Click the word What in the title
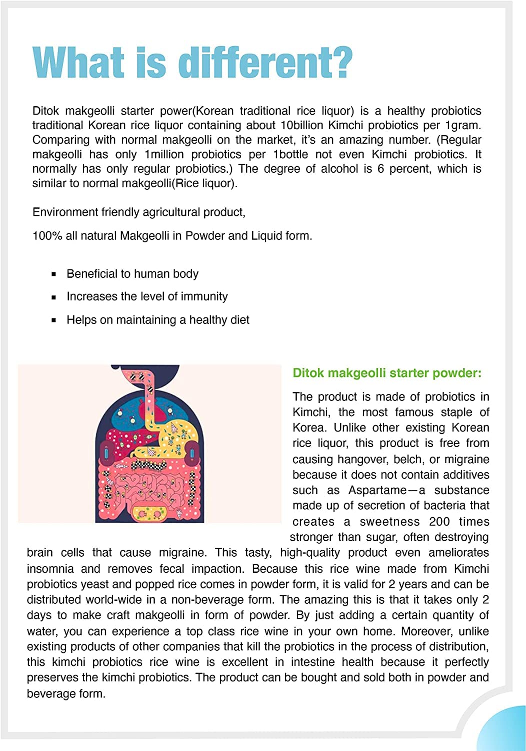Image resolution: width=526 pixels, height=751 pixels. (x=78, y=63)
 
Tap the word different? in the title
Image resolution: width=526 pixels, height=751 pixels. (x=265, y=63)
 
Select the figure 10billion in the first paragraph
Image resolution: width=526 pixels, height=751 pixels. (x=301, y=125)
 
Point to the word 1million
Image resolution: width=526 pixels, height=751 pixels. (x=164, y=154)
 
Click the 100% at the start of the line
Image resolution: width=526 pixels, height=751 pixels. (x=47, y=236)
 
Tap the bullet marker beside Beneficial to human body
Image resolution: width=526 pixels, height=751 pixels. (x=54, y=274)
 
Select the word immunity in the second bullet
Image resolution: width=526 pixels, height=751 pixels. (x=204, y=296)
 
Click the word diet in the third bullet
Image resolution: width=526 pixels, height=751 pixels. (x=239, y=320)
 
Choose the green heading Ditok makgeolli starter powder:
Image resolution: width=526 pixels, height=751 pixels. (x=387, y=373)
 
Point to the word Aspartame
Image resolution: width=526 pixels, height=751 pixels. (x=377, y=490)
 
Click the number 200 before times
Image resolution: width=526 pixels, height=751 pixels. (x=439, y=521)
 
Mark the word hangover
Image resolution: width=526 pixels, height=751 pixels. (x=365, y=459)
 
